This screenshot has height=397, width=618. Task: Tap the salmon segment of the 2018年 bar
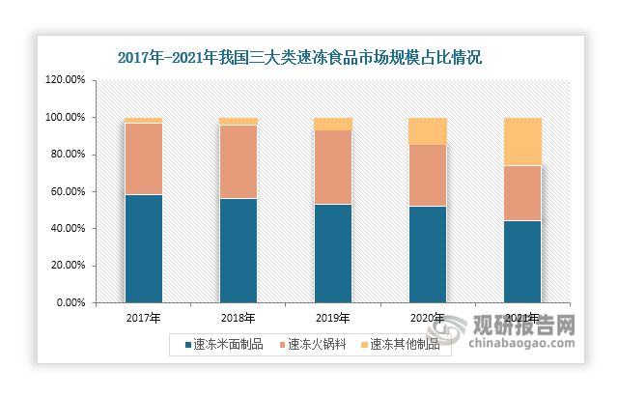[238, 161]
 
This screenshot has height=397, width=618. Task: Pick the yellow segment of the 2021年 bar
[522, 142]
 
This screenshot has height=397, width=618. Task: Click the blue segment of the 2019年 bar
[332, 253]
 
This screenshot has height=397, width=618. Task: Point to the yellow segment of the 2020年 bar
[428, 131]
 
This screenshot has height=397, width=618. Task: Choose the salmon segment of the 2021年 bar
[522, 193]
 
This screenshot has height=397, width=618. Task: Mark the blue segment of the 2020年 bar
[428, 254]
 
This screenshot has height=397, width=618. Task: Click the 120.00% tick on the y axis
[67, 80]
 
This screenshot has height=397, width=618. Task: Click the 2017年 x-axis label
[143, 318]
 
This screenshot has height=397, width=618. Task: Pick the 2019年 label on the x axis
[332, 318]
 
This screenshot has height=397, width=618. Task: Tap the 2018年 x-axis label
[238, 318]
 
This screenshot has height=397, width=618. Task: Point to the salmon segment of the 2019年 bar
[332, 167]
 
